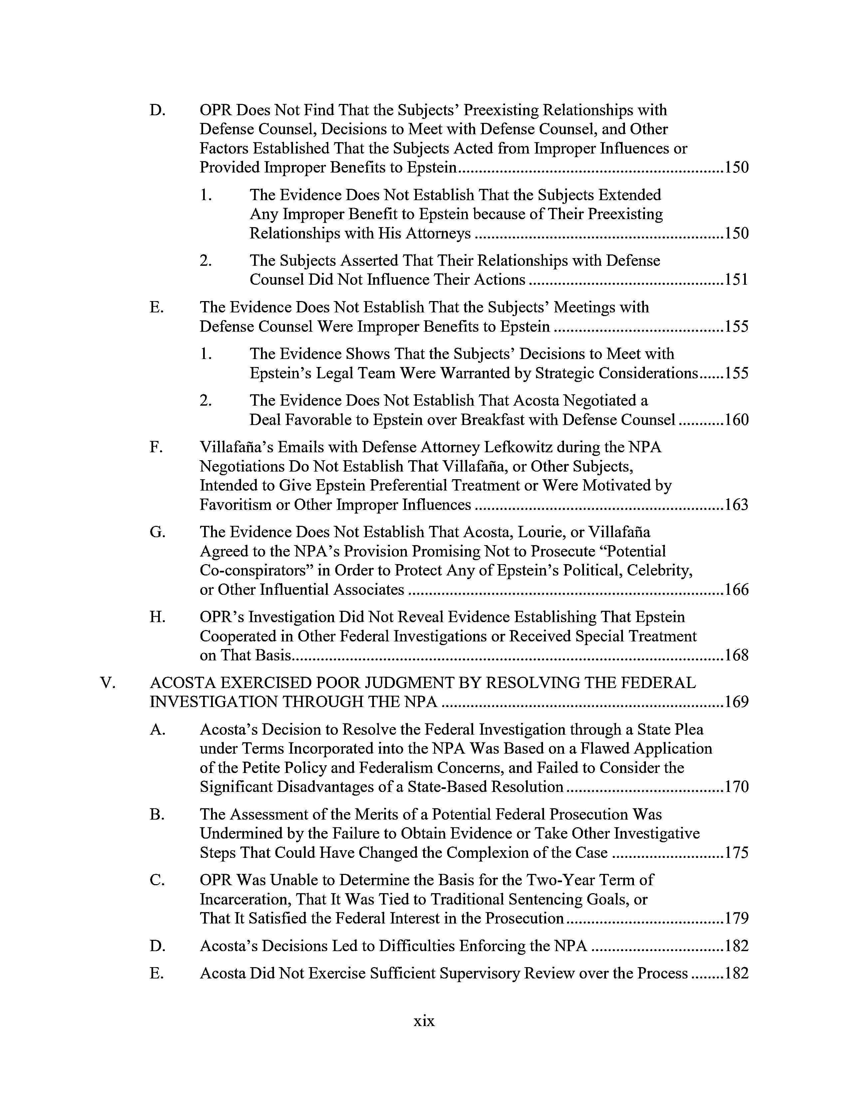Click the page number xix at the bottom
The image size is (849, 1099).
coord(424,1021)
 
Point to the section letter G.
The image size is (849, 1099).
coord(157,532)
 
